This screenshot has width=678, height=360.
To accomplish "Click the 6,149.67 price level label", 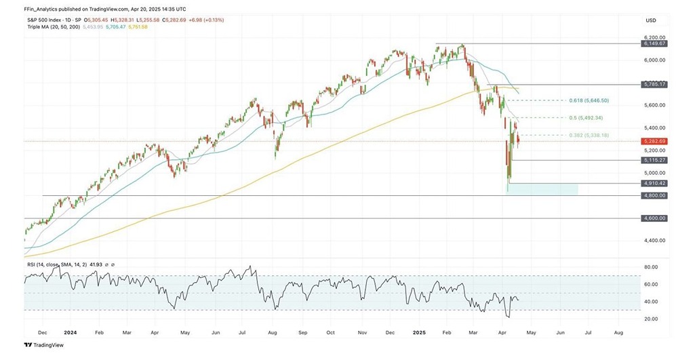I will [x=654, y=43].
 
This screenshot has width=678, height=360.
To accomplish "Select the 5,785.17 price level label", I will [x=654, y=84].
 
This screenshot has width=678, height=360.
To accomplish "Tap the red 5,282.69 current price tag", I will [x=654, y=141].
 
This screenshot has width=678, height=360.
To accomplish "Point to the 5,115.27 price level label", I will [x=654, y=160].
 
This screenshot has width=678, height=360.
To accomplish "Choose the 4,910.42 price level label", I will [x=654, y=183].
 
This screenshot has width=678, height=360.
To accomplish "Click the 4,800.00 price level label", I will [x=654, y=195].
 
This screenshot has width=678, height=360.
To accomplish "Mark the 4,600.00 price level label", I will [x=654, y=218].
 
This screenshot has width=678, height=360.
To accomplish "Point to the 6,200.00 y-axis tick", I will [x=653, y=37].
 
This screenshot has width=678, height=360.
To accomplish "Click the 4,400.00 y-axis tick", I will [x=653, y=241].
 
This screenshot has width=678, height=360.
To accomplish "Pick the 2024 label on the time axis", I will [x=70, y=333].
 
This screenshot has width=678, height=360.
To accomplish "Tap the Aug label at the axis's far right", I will [x=618, y=333].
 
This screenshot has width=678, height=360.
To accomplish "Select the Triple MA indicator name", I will [x=39, y=26].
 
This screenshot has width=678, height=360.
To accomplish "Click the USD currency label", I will [x=652, y=20].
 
